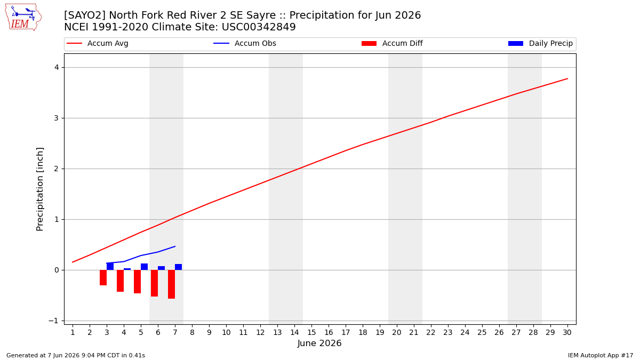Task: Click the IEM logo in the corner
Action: click(23, 18)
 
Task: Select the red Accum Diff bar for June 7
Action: click(171, 284)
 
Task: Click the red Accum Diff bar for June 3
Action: click(103, 277)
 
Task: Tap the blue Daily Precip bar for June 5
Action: click(145, 267)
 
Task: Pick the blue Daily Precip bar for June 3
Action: click(110, 266)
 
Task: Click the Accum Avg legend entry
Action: click(98, 43)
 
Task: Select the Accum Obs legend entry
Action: click(245, 43)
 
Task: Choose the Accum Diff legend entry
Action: click(392, 43)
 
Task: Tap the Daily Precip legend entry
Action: click(541, 43)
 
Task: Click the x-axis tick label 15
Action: click(311, 332)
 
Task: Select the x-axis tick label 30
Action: click(567, 332)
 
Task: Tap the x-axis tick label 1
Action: click(73, 332)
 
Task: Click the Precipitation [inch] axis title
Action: click(39, 189)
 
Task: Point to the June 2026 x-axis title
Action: click(319, 343)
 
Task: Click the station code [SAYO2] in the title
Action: click(85, 15)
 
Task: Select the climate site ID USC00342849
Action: click(259, 27)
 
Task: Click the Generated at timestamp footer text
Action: click(76, 355)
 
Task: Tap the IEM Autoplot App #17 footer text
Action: click(601, 355)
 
